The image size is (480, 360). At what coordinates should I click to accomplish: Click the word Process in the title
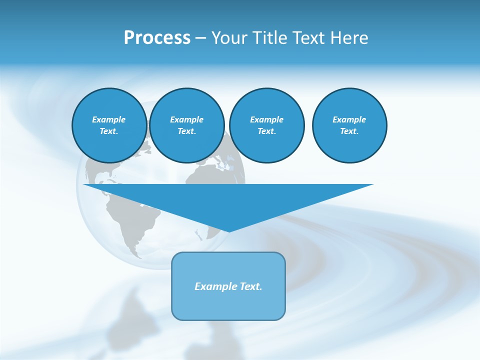point(157,38)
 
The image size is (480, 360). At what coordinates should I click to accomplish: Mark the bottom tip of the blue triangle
point(229,230)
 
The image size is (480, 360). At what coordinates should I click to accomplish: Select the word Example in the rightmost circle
point(349,119)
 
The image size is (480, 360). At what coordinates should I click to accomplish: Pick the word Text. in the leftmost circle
point(109,131)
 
